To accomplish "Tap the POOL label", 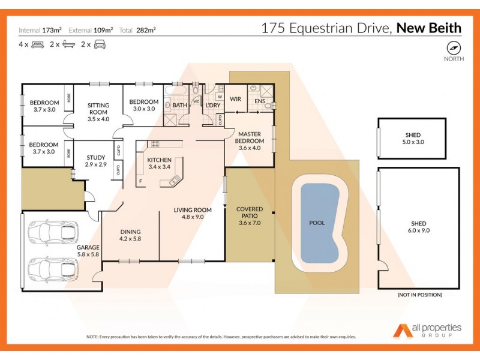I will tap(317, 223).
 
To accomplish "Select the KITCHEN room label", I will tap(159, 160).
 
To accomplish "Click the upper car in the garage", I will tap(53, 231).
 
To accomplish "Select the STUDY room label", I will tap(95, 159).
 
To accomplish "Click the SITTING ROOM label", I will tap(97, 108).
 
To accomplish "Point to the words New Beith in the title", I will tap(428, 28).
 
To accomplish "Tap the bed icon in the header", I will tap(37, 44).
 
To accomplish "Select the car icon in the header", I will tap(100, 44).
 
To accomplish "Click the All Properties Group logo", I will tap(427, 329).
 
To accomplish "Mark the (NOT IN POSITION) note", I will tap(419, 295).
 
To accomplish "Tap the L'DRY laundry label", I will tap(212, 106).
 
